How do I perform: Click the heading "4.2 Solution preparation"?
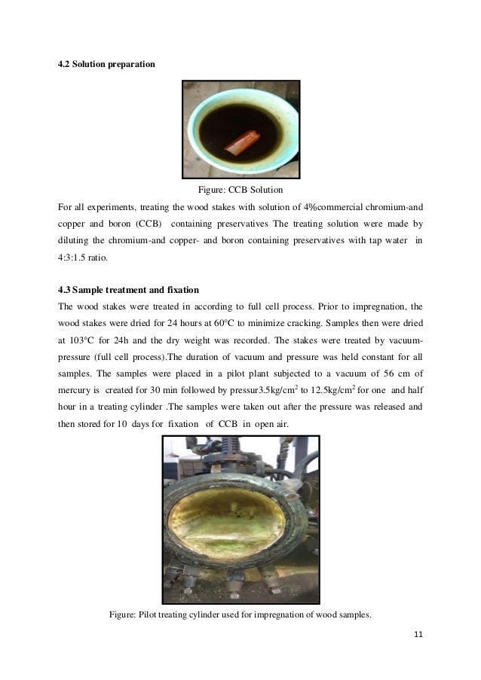[x=106, y=65]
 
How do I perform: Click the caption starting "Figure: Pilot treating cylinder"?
[x=240, y=614]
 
